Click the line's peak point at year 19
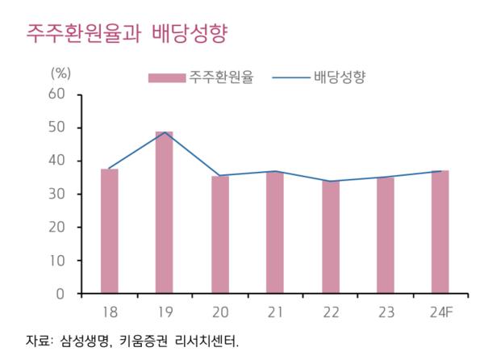tap(165, 132)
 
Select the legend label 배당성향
tap(340, 77)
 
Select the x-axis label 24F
tap(440, 313)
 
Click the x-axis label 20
tap(220, 313)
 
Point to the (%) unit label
tap(61, 72)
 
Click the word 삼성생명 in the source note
tap(84, 341)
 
